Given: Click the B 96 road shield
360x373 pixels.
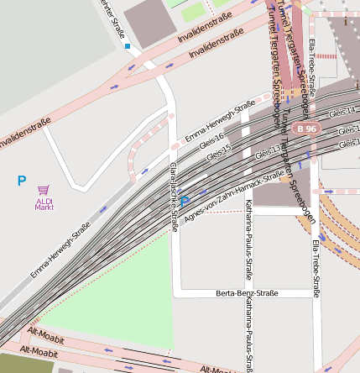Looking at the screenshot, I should (307, 129).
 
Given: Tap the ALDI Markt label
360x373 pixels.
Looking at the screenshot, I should (44, 203).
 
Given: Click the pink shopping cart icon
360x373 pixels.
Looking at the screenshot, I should (44, 192).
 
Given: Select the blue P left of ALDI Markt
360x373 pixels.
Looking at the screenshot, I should (22, 181).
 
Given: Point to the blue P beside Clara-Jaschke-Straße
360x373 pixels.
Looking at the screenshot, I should (185, 202).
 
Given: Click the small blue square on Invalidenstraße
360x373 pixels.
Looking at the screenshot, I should (128, 46).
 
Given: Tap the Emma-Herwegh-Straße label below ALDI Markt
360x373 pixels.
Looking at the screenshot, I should (60, 250).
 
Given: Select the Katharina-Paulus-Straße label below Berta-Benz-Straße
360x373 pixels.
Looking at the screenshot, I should (248, 336).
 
